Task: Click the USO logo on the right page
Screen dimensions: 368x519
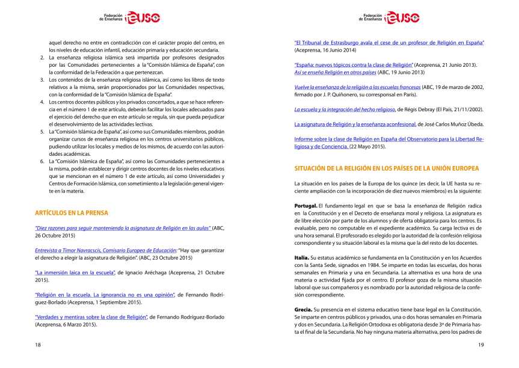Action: pos(401,18)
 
